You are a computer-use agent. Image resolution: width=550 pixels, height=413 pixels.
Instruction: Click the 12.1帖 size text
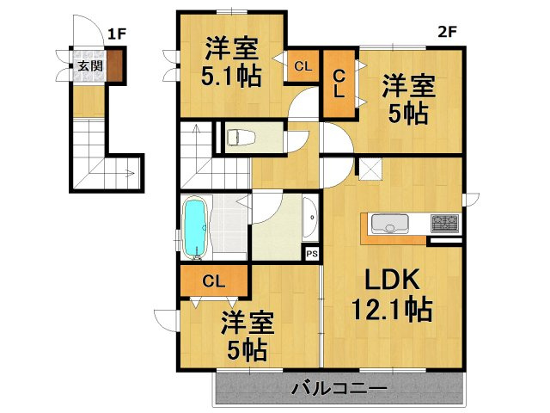[x=391, y=307]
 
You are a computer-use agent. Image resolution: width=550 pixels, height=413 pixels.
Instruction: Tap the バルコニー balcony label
[x=339, y=389]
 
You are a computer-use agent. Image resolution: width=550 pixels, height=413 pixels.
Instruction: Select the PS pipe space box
[x=311, y=254]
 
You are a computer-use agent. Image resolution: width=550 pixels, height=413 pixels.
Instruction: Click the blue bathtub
[x=196, y=229]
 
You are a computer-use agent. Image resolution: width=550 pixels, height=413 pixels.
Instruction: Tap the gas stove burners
[x=443, y=224]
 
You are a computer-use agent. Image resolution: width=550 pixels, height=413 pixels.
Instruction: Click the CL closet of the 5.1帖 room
[x=302, y=65]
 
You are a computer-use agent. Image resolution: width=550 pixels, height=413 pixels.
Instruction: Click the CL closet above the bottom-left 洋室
[x=214, y=280]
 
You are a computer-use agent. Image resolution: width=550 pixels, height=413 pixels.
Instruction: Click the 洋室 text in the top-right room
[x=408, y=86]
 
